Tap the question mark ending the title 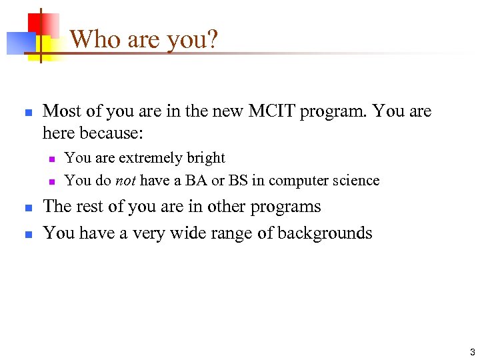[213, 39]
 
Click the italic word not [125, 180]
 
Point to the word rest [90, 207]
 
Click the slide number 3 [471, 352]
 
